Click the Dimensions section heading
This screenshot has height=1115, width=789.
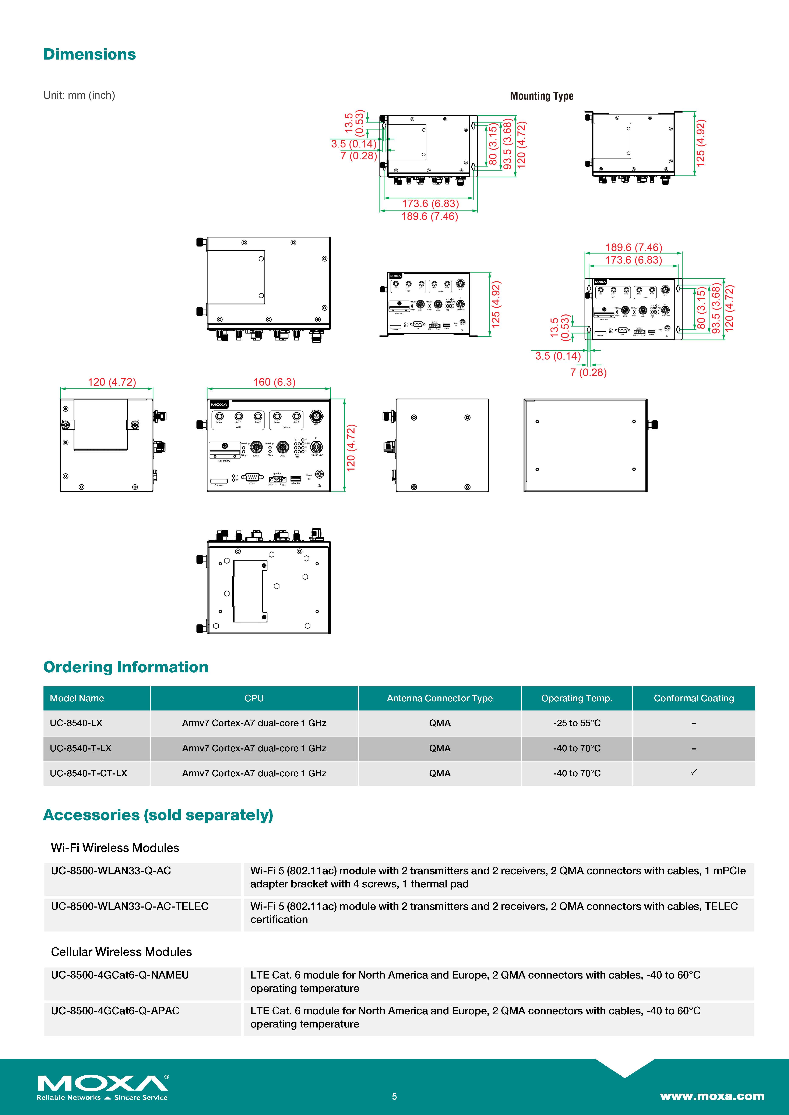click(89, 54)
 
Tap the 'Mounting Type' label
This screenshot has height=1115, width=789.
click(541, 96)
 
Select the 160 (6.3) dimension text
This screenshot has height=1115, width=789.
click(274, 382)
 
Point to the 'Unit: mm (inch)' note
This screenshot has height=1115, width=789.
click(79, 95)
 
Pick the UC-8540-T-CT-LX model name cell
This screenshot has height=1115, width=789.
click(88, 773)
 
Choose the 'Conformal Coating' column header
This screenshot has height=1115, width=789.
click(693, 698)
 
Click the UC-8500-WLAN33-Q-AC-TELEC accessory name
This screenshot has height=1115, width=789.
click(130, 906)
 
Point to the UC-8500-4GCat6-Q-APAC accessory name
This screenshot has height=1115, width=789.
click(115, 1011)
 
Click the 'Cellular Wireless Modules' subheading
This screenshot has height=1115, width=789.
click(121, 952)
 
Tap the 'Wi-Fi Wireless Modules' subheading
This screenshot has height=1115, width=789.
click(115, 848)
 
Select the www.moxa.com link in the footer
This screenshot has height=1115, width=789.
click(712, 1096)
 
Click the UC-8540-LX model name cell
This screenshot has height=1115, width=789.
click(76, 723)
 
